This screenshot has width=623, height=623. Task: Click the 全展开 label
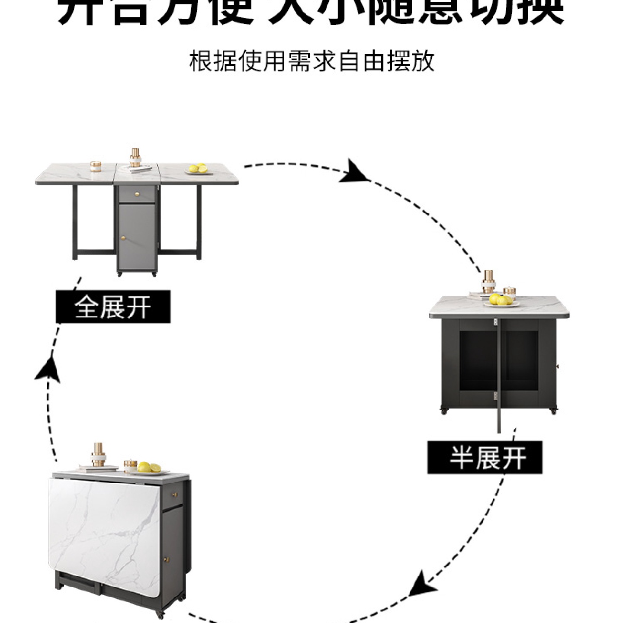(113, 307)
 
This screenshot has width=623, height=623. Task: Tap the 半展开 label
(485, 458)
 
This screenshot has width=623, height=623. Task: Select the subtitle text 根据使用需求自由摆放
(311, 61)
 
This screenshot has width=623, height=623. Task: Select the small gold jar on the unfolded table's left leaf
(95, 166)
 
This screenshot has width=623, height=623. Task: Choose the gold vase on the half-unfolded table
(489, 281)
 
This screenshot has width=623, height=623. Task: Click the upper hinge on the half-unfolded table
(494, 321)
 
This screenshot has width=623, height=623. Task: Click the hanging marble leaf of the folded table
(104, 532)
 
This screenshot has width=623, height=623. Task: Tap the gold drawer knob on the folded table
(176, 494)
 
